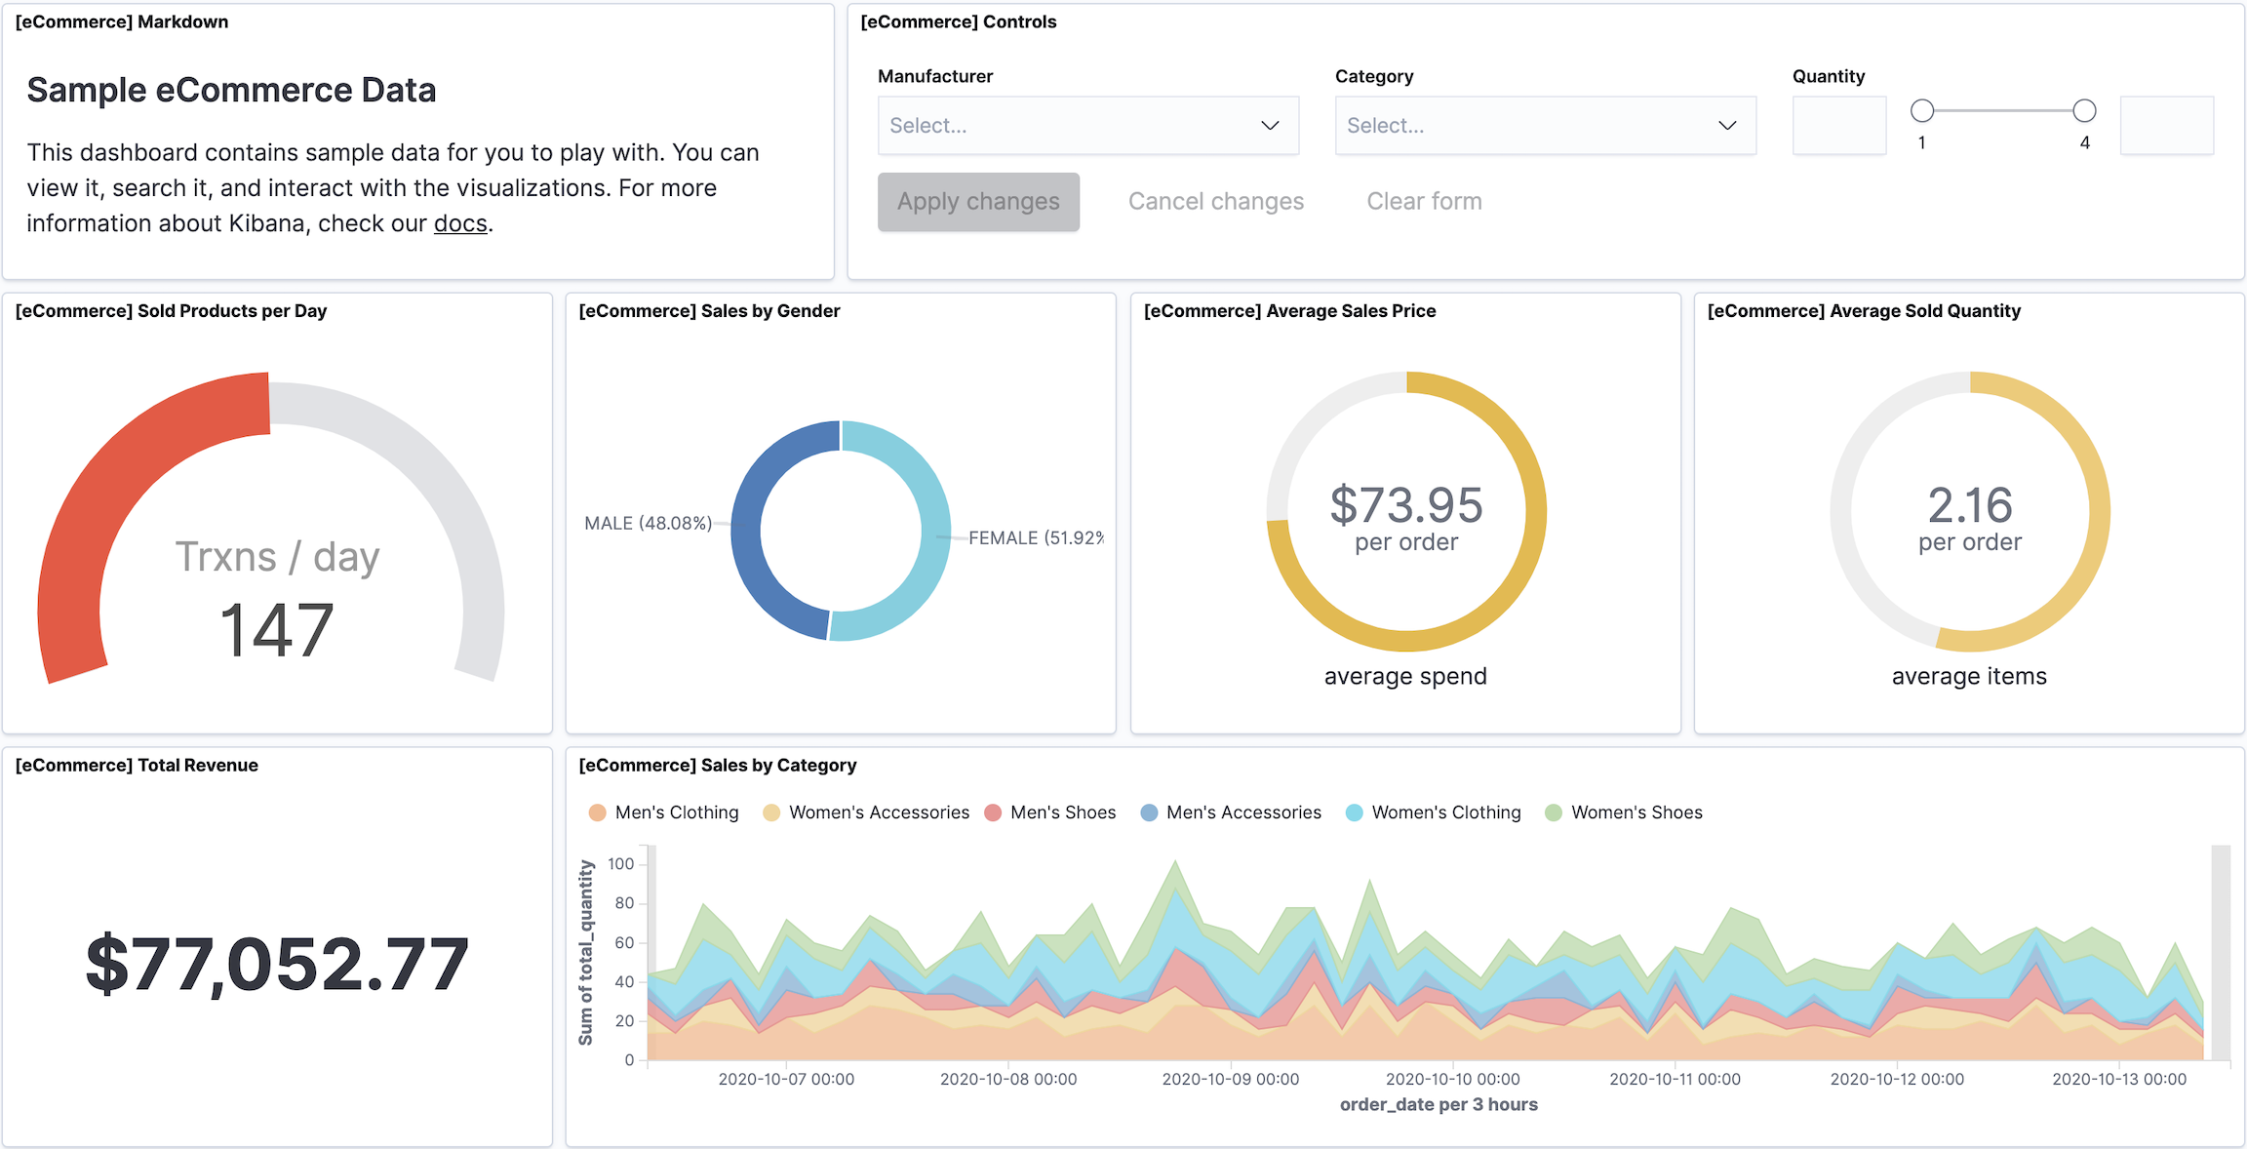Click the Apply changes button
point(978,202)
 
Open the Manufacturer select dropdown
point(1087,126)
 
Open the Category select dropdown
point(1545,126)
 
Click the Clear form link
point(1424,202)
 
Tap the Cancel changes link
point(1215,202)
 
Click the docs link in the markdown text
point(460,223)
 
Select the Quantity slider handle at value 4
point(2084,111)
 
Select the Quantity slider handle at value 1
point(1922,111)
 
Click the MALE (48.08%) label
point(648,524)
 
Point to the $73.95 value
point(1405,505)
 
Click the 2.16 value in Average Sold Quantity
point(1969,505)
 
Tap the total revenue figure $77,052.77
point(277,964)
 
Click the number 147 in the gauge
point(277,630)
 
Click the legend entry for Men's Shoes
point(1062,812)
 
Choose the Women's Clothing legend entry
point(1445,812)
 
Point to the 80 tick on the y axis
point(624,903)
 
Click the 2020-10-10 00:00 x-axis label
point(1452,1079)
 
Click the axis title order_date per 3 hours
point(1439,1104)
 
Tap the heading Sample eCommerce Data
point(231,90)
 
